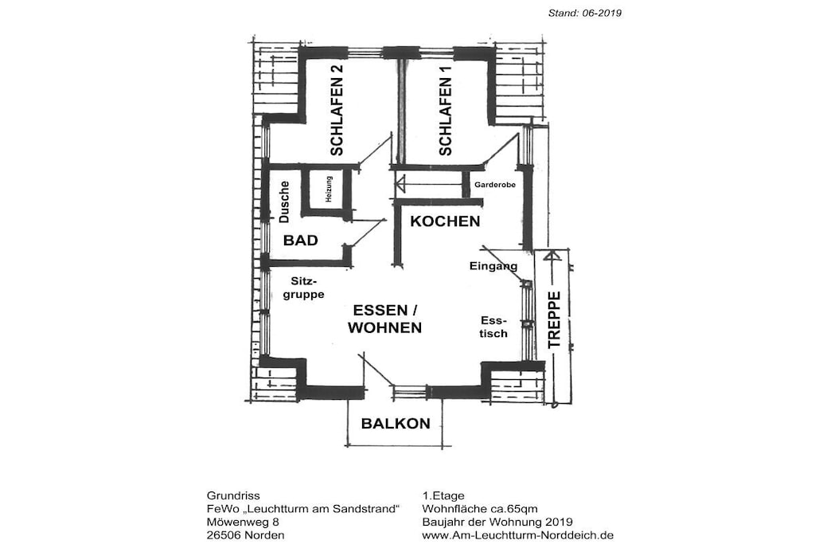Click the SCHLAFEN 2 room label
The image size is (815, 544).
point(337,110)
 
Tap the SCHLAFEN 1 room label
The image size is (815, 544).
point(446,110)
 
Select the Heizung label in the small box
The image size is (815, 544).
point(329,189)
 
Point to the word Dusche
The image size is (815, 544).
point(284,202)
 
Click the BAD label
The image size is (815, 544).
point(300,241)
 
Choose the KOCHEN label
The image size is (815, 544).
point(445,221)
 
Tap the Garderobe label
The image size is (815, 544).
point(495,185)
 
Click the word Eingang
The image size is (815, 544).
point(493,266)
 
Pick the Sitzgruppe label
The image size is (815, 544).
point(303,288)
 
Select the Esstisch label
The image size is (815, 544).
point(493,327)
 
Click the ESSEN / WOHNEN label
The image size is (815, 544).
point(384,319)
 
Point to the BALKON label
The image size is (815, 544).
point(396,424)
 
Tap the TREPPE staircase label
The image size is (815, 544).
point(555,319)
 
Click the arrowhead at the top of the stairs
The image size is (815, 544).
point(552,256)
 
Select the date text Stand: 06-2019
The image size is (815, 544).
point(585,13)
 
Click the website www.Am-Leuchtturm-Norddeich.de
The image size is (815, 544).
point(517,535)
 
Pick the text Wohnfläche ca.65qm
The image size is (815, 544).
point(480,509)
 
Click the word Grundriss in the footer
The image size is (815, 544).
point(233,495)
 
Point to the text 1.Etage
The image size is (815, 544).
point(443,495)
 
